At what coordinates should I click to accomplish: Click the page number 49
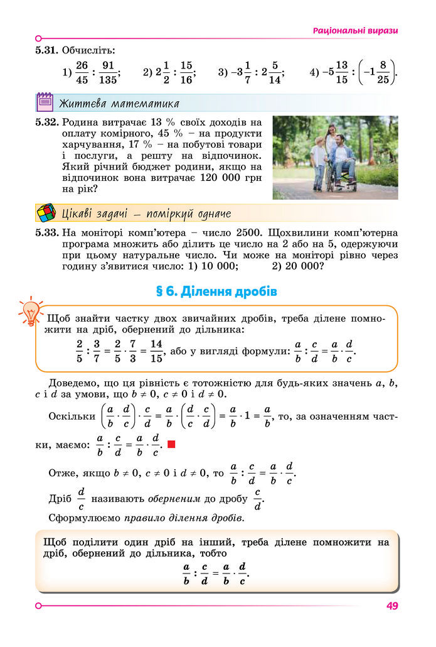(393, 606)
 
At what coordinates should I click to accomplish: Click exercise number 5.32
(47, 122)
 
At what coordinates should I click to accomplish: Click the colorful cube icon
(45, 213)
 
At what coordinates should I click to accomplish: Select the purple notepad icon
(45, 102)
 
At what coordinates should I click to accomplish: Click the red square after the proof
(171, 445)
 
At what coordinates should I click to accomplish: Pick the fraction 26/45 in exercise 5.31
(82, 72)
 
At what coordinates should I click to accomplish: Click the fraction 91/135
(108, 72)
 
